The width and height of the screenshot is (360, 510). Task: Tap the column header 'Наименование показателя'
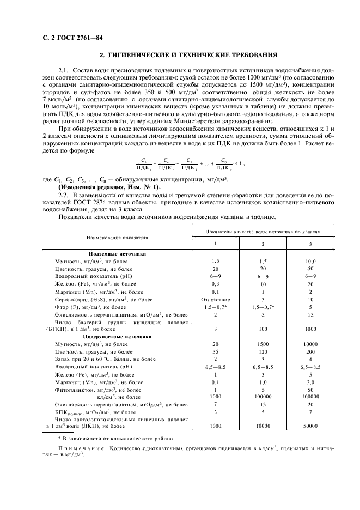point(117,238)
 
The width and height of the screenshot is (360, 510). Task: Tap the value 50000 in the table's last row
point(310,426)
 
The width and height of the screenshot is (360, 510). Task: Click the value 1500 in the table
point(263,344)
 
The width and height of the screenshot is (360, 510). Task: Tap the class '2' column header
point(263,244)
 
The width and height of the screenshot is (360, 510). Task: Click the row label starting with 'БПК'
point(70,412)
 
